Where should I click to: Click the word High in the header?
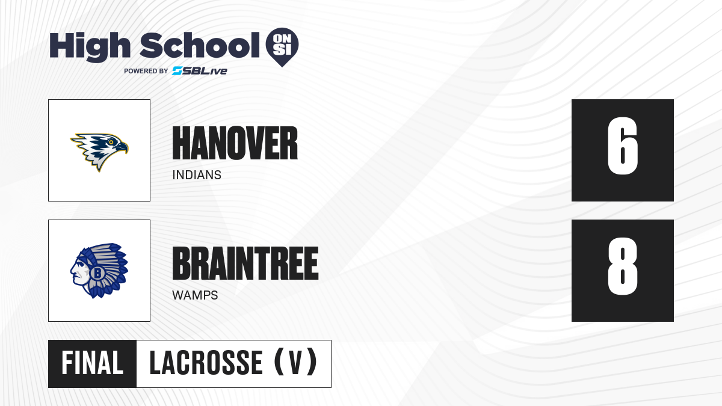click(x=90, y=47)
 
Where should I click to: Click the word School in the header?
click(x=200, y=45)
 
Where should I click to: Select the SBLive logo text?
click(x=200, y=71)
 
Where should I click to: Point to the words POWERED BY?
click(x=146, y=71)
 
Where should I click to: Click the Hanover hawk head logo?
click(x=99, y=152)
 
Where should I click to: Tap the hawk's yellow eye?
click(x=111, y=142)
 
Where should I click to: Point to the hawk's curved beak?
click(x=123, y=147)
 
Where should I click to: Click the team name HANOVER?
click(x=235, y=143)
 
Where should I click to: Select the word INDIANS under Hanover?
click(x=197, y=175)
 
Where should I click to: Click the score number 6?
click(x=622, y=146)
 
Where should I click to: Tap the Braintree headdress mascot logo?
click(x=99, y=271)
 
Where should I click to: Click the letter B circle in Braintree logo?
click(x=97, y=273)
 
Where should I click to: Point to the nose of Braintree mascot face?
click(x=72, y=269)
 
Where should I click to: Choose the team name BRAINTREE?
click(x=245, y=263)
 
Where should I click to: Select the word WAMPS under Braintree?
click(x=195, y=295)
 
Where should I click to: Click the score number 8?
click(x=622, y=266)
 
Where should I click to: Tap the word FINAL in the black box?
click(x=93, y=363)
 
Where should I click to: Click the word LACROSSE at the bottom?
click(x=206, y=363)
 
